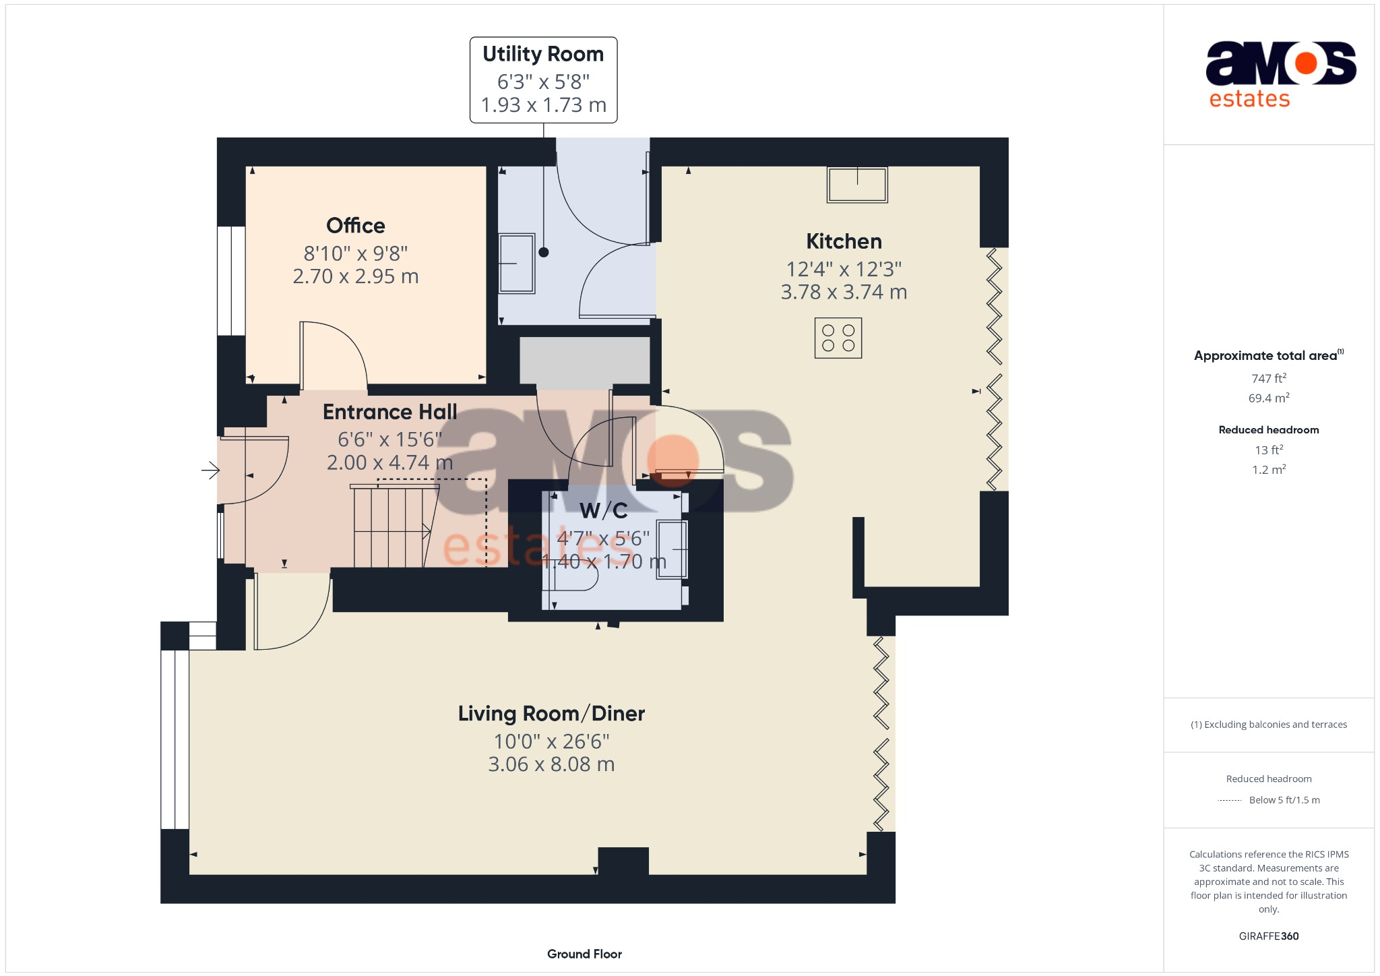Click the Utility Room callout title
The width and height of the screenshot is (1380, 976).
(543, 54)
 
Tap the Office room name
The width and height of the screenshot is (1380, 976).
(355, 225)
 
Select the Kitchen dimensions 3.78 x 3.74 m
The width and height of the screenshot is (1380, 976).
(844, 292)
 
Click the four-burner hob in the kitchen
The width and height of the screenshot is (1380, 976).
(838, 338)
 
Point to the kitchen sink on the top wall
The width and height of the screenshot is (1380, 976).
(857, 184)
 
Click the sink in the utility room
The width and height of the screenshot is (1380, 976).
(516, 263)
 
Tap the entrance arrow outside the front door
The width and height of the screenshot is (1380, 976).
(210, 470)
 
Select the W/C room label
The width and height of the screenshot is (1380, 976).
(604, 511)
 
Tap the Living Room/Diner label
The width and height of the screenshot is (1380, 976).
(551, 713)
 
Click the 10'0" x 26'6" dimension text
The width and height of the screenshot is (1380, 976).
(551, 741)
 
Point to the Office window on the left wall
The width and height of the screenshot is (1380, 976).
(230, 280)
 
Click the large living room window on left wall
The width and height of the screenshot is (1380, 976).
(175, 739)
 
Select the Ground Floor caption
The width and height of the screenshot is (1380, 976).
(584, 954)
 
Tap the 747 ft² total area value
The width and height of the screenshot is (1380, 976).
(1268, 378)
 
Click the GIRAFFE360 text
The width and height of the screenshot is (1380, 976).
(1268, 936)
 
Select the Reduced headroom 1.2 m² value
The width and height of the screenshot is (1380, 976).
(1268, 470)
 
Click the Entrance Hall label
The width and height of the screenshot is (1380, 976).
(389, 412)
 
